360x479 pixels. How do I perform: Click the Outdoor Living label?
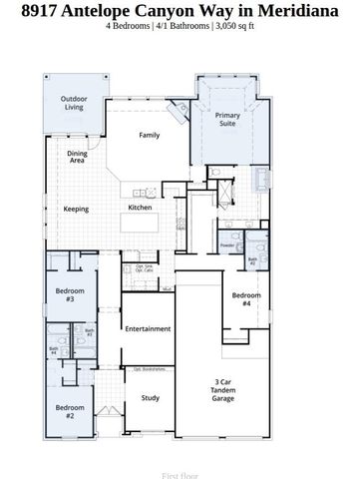73,103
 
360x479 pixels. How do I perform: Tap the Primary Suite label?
228,121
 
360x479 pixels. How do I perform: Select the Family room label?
150,135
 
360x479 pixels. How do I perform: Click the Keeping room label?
76,209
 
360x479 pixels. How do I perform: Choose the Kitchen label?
140,208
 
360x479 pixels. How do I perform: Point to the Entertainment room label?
148,328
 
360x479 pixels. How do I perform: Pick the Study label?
151,398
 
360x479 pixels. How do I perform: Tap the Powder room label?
227,244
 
